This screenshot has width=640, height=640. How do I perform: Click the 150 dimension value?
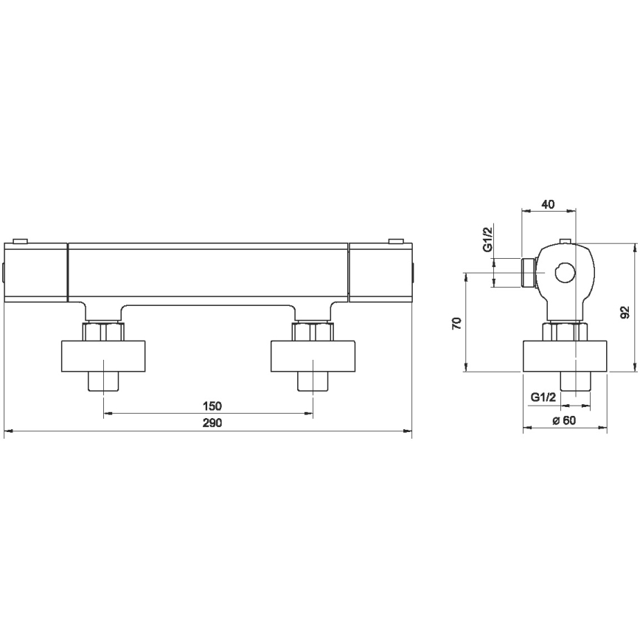(x=212, y=406)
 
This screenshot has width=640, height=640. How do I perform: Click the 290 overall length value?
(x=212, y=423)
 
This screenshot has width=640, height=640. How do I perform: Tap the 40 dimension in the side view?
(x=548, y=204)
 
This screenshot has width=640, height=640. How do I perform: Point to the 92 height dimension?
(x=625, y=312)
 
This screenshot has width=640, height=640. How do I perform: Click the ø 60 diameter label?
(x=564, y=420)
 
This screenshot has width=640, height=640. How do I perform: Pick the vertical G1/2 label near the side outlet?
(x=489, y=240)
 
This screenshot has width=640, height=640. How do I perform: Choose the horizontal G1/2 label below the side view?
(x=543, y=397)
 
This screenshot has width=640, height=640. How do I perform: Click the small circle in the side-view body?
(x=566, y=272)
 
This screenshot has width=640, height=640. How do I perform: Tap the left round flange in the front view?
(x=103, y=356)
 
